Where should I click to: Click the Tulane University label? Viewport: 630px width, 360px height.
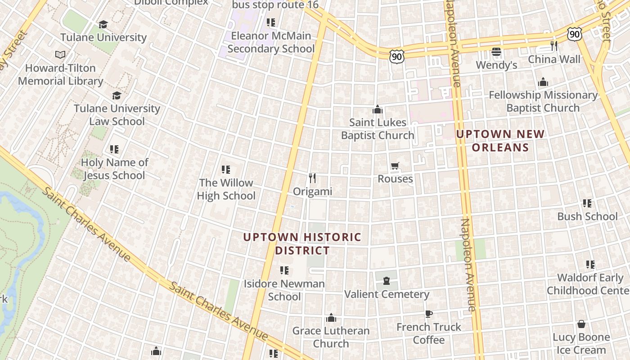point(103,37)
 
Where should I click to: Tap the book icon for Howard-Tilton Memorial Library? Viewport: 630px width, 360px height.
point(60,55)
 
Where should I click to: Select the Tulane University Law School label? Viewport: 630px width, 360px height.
point(117,115)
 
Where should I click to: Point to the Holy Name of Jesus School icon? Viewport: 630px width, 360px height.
point(114,149)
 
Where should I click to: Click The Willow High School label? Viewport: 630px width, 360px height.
point(226,189)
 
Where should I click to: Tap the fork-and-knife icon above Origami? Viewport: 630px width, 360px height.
point(312,178)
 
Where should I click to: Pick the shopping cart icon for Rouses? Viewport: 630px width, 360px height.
point(395,166)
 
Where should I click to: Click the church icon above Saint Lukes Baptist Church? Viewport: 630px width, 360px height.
point(377,109)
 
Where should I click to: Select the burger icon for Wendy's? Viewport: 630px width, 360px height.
point(496,52)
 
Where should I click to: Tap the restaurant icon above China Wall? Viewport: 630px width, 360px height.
point(554,46)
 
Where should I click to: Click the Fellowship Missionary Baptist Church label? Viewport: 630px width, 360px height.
point(543,101)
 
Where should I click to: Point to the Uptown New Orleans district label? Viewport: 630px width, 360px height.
point(500,140)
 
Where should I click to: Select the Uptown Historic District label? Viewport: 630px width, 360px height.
point(302,243)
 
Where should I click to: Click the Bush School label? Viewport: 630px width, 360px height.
point(587,216)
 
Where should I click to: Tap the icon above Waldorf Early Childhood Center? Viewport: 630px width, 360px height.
point(590,265)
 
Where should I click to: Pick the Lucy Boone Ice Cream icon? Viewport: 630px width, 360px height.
point(581,324)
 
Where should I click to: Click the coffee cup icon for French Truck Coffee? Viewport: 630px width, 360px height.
point(428,314)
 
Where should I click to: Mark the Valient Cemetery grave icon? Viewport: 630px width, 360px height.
point(386,281)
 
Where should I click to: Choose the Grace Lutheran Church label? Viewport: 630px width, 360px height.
point(331,337)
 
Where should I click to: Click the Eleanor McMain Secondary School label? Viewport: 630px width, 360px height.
point(271,42)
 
